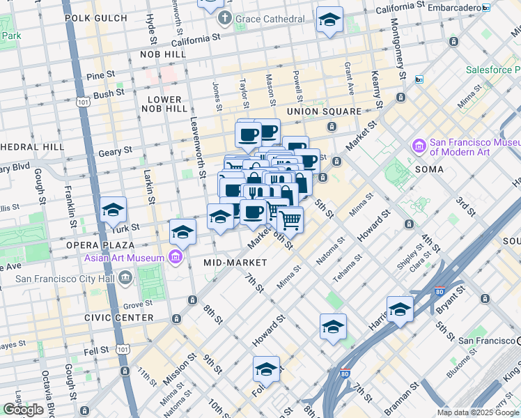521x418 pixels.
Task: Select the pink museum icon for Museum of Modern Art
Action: pos(419,146)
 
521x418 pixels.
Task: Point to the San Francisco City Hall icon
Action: pos(125,279)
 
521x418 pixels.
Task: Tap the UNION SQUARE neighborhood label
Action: pos(324,111)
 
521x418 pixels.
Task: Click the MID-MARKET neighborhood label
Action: pos(235,263)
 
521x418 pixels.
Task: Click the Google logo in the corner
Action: pos(23,410)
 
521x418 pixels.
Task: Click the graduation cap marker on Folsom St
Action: pos(266,369)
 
